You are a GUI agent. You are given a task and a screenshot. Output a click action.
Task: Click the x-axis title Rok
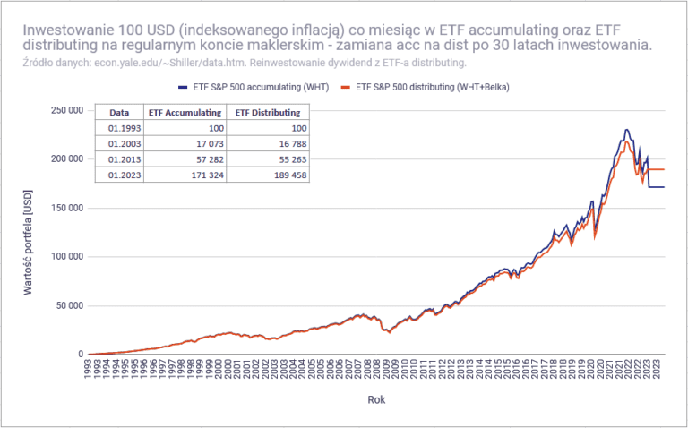(x=376, y=399)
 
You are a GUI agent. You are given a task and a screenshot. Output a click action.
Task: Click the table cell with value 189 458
(x=270, y=174)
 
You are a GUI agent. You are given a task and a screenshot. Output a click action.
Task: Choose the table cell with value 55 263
(x=271, y=158)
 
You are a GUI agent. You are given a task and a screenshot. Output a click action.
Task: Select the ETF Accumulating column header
(x=185, y=113)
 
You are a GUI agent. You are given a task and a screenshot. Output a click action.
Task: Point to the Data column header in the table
(x=119, y=113)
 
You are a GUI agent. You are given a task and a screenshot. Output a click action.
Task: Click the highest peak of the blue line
(x=626, y=130)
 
